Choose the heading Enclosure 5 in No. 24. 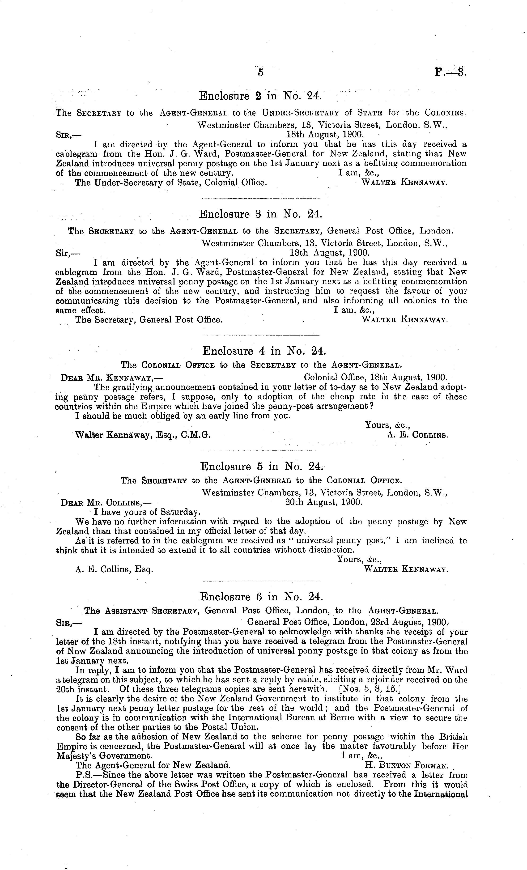point(261,467)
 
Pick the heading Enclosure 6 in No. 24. point(261,596)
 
